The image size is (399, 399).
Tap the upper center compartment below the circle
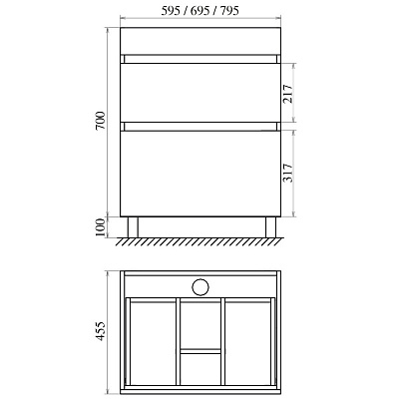(x=199, y=323)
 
